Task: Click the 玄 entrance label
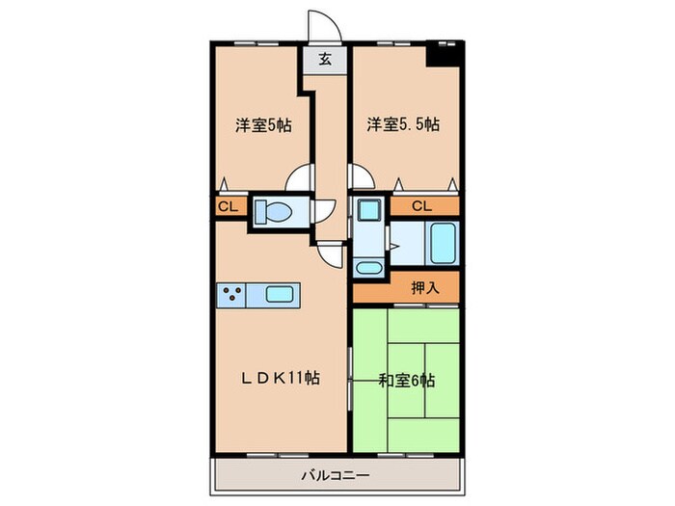[x=326, y=60]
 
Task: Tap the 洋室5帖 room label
[x=264, y=124]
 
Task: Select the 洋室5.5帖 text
[x=403, y=124]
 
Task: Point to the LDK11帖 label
[x=280, y=379]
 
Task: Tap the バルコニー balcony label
[x=336, y=473]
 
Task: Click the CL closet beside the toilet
[x=228, y=205]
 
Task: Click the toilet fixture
[x=278, y=212]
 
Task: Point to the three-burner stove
[x=232, y=295]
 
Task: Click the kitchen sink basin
[x=280, y=295]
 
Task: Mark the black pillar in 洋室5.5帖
[x=443, y=54]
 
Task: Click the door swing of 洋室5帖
[x=301, y=180]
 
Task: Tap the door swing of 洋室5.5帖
[x=361, y=179]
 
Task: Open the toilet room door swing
[x=324, y=210]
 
